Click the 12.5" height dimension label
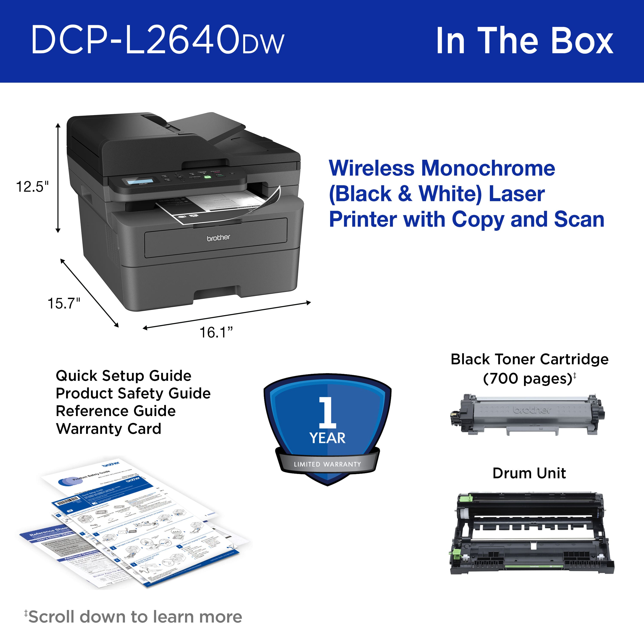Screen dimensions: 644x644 click(32, 187)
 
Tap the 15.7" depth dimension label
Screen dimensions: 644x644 click(64, 303)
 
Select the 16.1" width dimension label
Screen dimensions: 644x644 click(216, 332)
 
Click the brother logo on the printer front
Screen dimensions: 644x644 click(218, 238)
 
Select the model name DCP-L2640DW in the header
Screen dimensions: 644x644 click(157, 40)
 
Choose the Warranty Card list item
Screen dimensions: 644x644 click(109, 429)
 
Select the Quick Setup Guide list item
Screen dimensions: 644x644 click(123, 376)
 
